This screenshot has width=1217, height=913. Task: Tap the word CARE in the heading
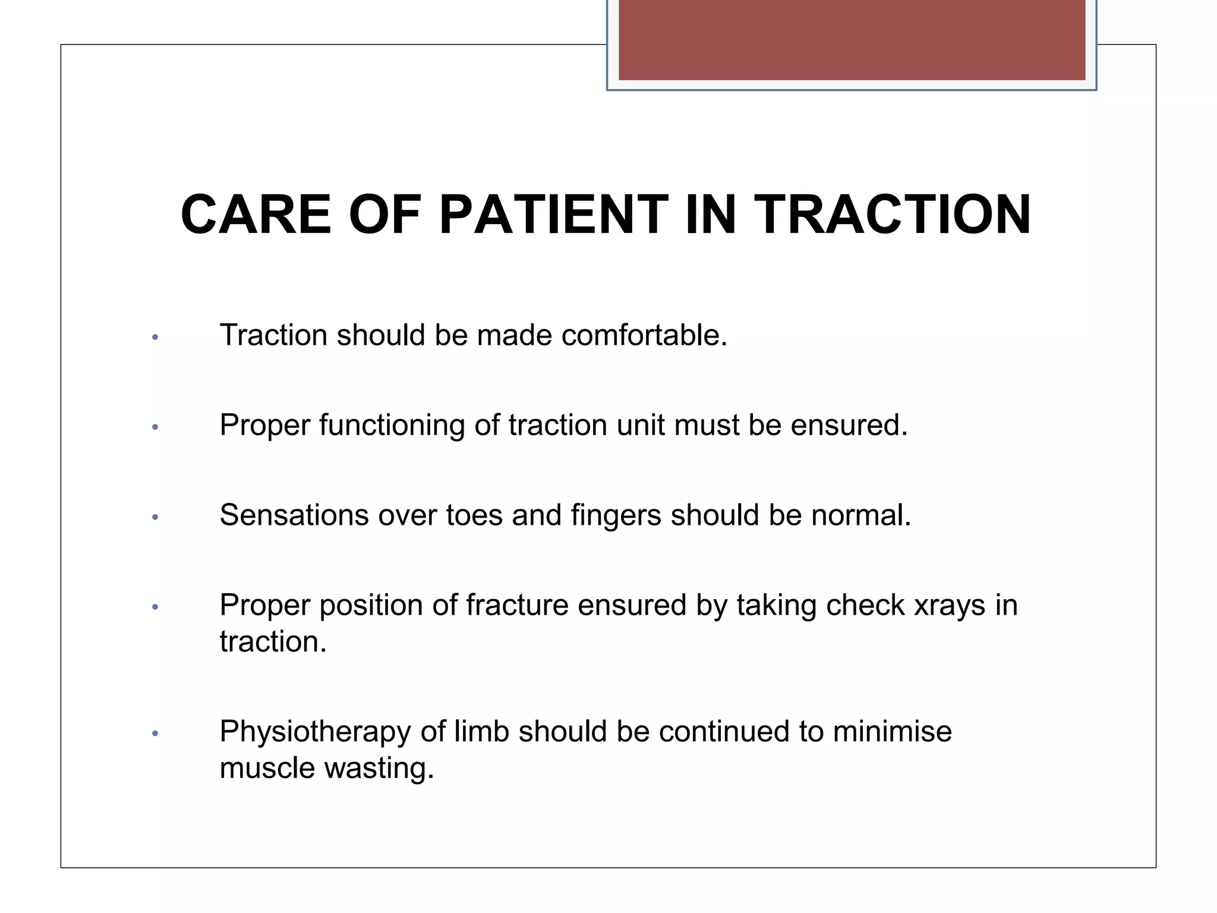coord(256,215)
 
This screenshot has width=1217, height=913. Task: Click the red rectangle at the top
coord(852,40)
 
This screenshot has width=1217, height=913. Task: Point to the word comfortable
coord(644,335)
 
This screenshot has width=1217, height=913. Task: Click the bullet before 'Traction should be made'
coord(155,337)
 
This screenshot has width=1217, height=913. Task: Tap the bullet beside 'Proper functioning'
coord(155,427)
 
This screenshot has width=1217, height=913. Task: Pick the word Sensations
coord(294,515)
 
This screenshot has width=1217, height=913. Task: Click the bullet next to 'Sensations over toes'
coord(155,517)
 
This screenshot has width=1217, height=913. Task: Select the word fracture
coord(517,605)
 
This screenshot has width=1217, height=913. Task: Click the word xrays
coord(949,606)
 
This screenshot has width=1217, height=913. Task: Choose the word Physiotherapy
coord(315,732)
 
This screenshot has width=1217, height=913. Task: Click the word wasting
coord(379,769)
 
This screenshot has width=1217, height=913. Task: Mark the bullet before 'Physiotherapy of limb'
coord(155,733)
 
